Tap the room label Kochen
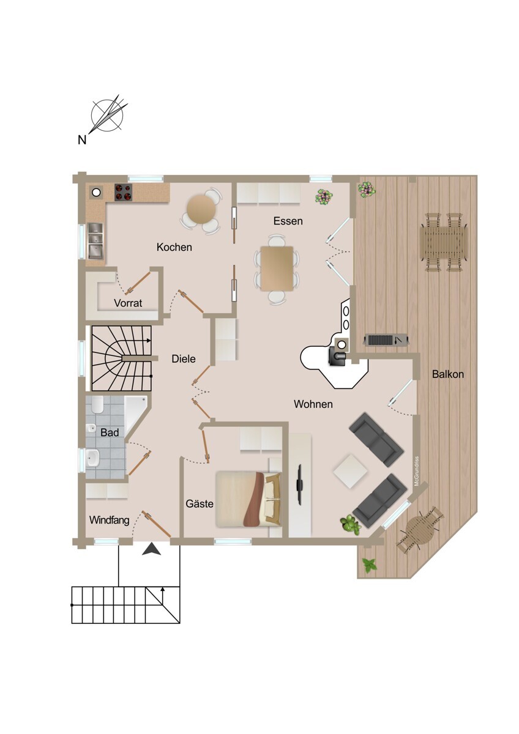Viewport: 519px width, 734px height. (174, 247)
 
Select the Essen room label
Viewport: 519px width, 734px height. (288, 221)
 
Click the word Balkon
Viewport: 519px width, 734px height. (447, 374)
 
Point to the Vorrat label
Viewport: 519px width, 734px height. (128, 303)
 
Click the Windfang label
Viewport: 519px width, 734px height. (110, 521)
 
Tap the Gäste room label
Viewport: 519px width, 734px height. (200, 504)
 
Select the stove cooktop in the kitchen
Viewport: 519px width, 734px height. (124, 192)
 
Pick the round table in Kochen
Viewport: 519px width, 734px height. (201, 210)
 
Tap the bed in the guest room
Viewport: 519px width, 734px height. (248, 498)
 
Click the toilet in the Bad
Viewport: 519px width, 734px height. (92, 427)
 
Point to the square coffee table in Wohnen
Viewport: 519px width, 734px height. (350, 470)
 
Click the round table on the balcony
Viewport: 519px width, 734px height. (419, 528)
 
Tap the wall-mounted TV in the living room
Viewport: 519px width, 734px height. (301, 485)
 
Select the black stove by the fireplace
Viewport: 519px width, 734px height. (338, 355)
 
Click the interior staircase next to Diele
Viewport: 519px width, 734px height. (121, 358)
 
